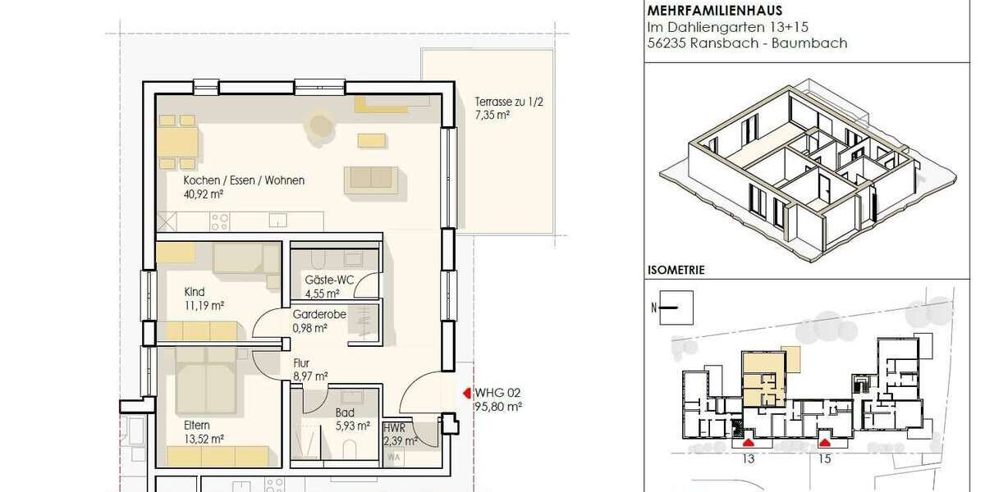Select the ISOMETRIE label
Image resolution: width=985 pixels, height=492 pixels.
tap(676, 269)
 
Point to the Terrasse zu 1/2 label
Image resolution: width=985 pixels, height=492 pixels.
tap(502, 102)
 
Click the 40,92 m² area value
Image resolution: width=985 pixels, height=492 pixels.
tap(204, 194)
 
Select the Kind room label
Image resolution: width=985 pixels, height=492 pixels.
tap(194, 292)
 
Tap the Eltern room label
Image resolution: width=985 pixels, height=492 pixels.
tap(197, 425)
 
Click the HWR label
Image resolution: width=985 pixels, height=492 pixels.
tap(394, 429)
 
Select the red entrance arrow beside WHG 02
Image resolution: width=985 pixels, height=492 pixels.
tap(468, 392)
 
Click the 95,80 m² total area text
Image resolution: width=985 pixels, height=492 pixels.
tap(498, 406)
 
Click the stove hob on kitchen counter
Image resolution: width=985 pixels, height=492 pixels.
tap(219, 221)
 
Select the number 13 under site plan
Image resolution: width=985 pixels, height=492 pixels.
tap(747, 459)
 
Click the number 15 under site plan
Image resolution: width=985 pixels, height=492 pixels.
tap(824, 459)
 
